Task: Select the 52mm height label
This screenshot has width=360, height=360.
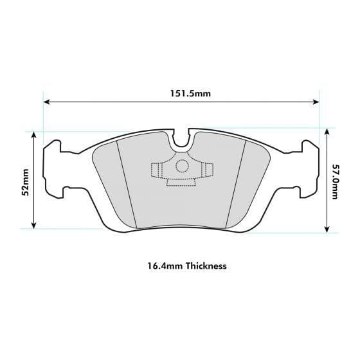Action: [25, 181]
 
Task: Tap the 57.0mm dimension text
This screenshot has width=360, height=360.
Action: [335, 181]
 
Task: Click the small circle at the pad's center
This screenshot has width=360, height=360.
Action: [181, 166]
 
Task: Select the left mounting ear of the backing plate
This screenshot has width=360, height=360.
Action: [52, 169]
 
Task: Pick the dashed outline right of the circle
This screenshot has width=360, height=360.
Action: [206, 170]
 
